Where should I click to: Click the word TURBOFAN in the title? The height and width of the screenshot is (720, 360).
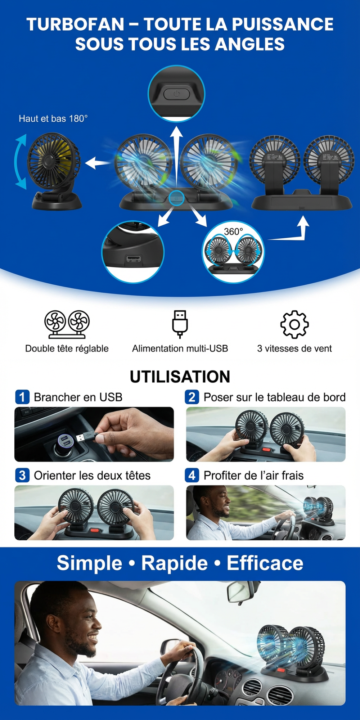[x=75, y=24]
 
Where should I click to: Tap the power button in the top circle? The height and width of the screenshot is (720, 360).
[x=176, y=94]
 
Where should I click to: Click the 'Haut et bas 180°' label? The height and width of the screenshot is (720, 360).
[x=53, y=118]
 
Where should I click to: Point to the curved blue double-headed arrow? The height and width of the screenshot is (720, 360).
[x=20, y=162]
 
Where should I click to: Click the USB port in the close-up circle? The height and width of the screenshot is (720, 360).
[x=133, y=259]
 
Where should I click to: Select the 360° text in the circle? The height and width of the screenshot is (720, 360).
[x=233, y=231]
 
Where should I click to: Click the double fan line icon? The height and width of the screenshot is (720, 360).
[x=67, y=324]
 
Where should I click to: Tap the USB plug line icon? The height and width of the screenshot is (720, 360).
[x=180, y=324]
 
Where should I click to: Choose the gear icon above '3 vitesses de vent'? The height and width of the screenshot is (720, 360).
[x=294, y=324]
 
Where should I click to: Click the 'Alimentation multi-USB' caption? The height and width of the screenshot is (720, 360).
[x=180, y=348]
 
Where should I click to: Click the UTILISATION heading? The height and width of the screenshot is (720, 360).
[x=180, y=377]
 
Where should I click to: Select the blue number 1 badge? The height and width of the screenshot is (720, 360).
[x=22, y=397]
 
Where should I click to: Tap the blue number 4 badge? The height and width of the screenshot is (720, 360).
[x=192, y=475]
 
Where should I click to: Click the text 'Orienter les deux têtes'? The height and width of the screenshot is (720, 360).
[x=92, y=476]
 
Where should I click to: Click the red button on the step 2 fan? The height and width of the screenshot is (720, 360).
[x=267, y=449]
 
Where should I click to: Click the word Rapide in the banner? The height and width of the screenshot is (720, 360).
[x=174, y=563]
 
